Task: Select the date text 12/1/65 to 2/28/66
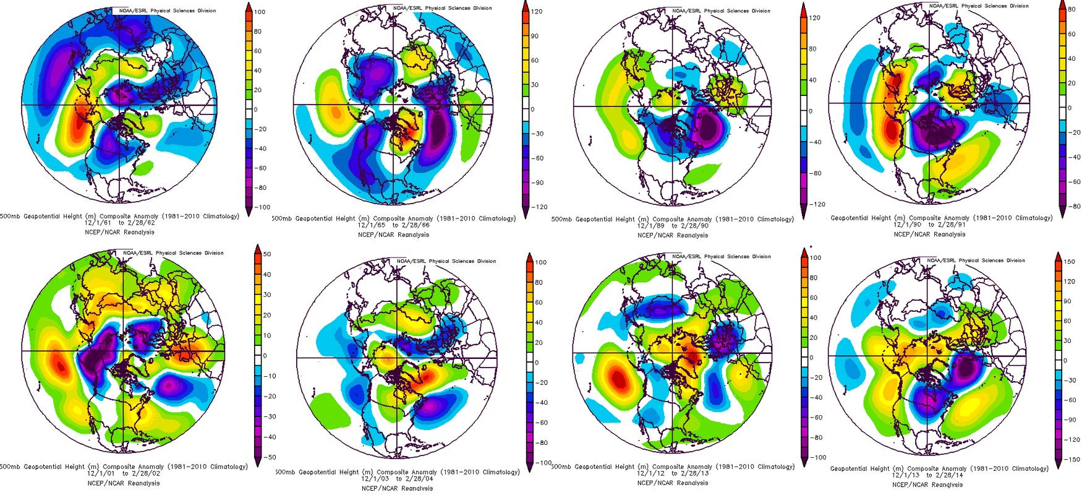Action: pos(394,226)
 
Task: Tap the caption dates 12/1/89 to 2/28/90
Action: pos(673,227)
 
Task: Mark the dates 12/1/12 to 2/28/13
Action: pos(673,475)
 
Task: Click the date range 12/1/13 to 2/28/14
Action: pos(940,476)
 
